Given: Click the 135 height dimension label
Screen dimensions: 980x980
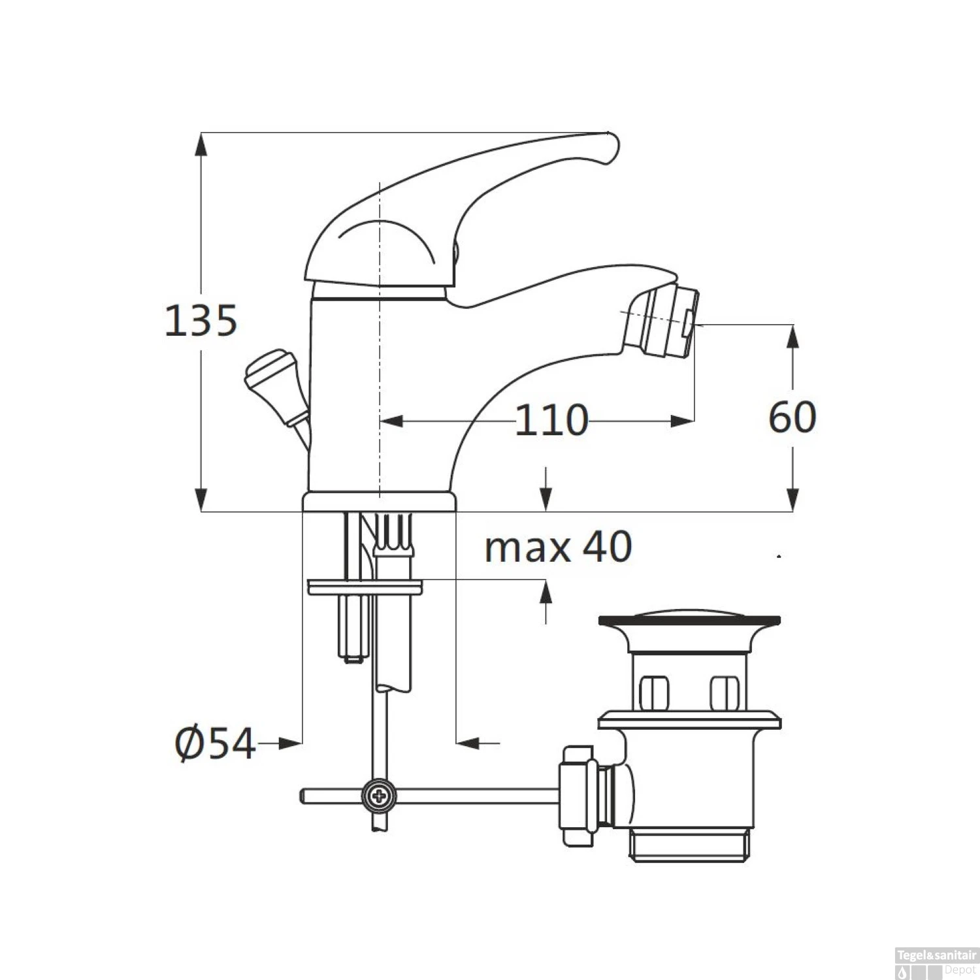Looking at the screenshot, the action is (201, 320).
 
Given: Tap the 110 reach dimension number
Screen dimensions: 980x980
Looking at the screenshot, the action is (551, 419).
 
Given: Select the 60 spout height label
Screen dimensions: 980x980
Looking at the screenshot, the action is (792, 417).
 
